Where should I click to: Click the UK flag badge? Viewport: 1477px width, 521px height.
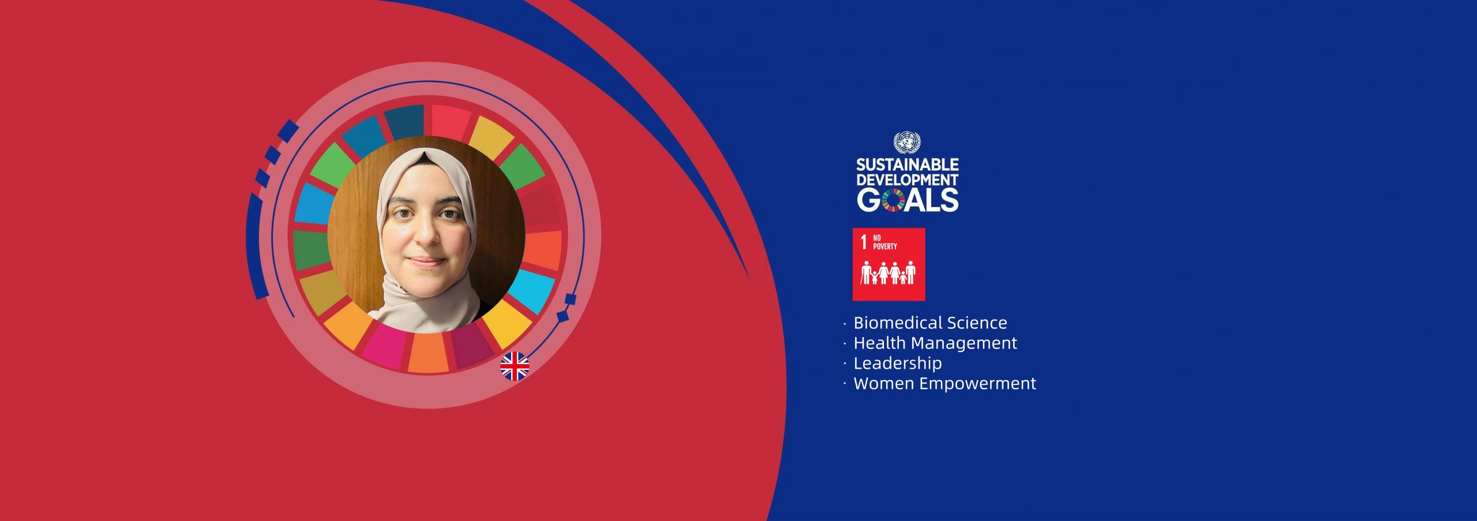[514, 366]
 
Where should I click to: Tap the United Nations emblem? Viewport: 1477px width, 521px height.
[907, 143]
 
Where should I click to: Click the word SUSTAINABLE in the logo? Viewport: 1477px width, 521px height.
[907, 165]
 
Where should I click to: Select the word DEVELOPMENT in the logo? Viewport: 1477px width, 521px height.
[907, 180]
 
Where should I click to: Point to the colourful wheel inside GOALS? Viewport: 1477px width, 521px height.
[893, 200]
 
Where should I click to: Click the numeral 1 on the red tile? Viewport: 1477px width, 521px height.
[864, 242]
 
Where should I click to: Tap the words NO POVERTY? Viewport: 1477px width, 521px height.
[884, 242]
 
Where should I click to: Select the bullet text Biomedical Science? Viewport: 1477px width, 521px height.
[930, 323]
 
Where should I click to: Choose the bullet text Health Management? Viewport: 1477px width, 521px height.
[935, 343]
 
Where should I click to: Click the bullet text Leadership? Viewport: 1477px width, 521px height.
[898, 363]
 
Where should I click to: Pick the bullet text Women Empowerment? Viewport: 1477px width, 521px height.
[944, 383]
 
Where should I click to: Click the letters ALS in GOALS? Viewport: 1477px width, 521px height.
[932, 200]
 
